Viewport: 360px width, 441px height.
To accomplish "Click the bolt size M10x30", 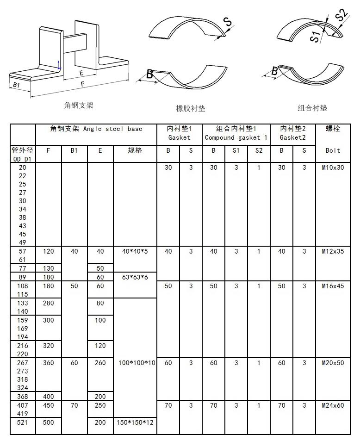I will click(333, 168).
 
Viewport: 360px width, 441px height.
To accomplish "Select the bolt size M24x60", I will click(333, 405).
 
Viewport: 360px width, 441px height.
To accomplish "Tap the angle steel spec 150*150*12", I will click(135, 422).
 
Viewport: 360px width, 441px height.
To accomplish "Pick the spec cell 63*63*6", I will click(135, 277).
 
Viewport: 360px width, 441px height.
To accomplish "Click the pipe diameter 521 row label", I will click(23, 422).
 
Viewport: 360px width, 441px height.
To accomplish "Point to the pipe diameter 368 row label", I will click(23, 397).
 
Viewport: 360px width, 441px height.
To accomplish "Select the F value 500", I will click(49, 422).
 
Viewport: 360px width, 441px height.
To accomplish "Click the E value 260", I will click(100, 363).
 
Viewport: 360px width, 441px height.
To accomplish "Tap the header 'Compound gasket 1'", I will click(236, 137).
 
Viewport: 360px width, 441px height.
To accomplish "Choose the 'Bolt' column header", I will click(333, 150).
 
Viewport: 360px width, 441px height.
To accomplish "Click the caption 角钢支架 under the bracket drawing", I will click(79, 106).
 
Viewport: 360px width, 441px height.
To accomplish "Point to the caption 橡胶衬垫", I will click(191, 108).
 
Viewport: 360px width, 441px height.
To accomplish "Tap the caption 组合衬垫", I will click(312, 108).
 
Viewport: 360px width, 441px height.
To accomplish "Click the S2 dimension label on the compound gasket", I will click(341, 15).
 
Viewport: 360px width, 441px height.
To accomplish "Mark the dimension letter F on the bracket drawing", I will click(82, 84).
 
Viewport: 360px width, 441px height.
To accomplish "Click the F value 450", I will click(49, 405).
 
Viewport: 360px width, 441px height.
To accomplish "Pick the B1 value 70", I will click(74, 405).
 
